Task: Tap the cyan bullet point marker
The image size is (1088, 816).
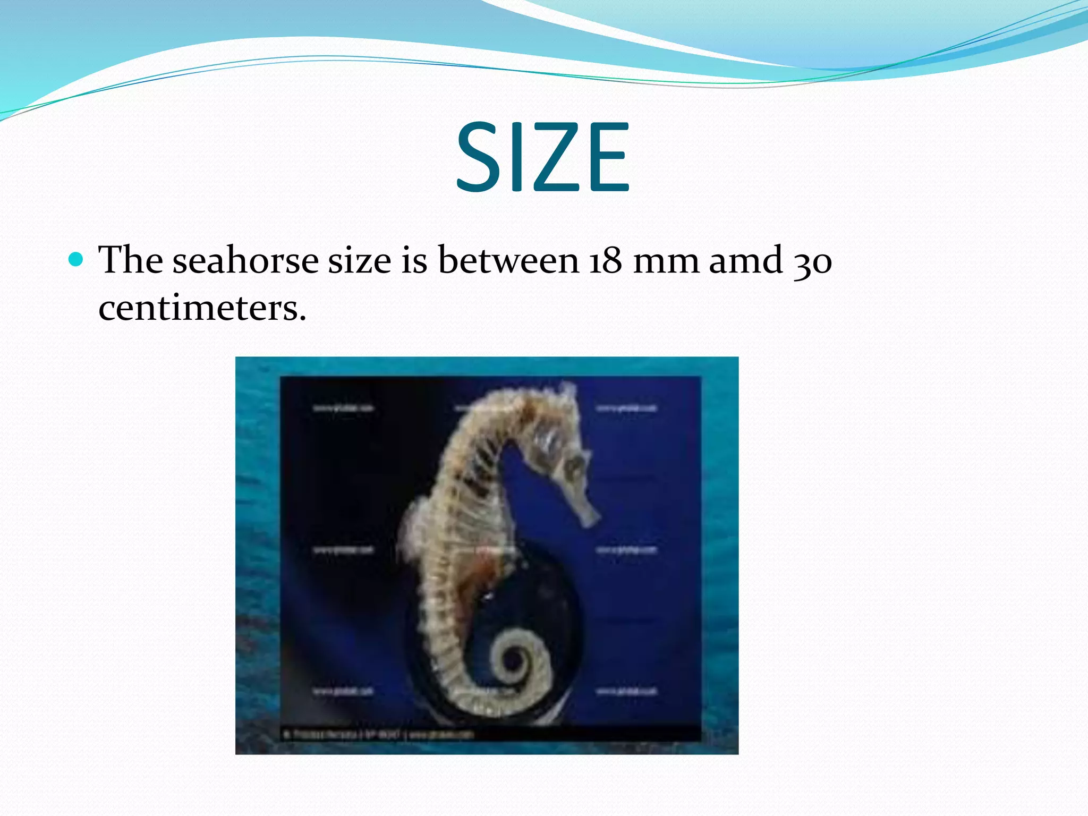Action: point(76,260)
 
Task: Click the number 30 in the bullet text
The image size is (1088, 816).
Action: point(813,261)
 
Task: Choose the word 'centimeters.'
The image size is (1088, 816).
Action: point(202,308)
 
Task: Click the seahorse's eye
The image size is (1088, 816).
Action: point(573,466)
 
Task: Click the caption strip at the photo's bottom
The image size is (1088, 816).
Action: point(489,734)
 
